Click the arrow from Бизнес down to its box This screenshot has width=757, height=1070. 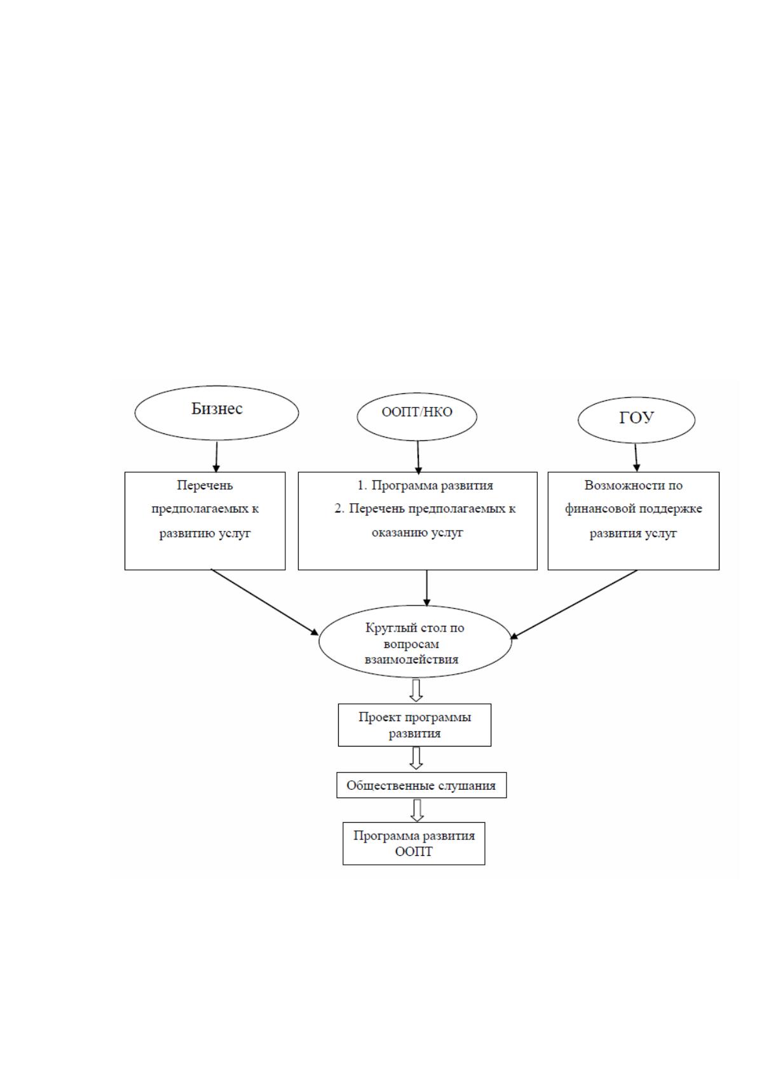[x=217, y=457]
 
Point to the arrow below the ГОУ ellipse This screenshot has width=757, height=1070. [x=636, y=457]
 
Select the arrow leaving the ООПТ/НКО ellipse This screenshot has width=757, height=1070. [x=418, y=457]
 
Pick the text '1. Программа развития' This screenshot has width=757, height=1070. [x=425, y=485]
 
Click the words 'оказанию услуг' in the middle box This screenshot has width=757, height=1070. [x=417, y=532]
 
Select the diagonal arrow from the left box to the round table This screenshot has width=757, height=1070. [x=265, y=602]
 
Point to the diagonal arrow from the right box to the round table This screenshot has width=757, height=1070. [x=573, y=604]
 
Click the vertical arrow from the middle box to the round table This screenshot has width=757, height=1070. [x=426, y=588]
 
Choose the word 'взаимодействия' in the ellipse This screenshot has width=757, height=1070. [x=411, y=660]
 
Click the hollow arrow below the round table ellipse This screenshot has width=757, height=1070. [x=416, y=691]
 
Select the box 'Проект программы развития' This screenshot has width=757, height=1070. [x=414, y=724]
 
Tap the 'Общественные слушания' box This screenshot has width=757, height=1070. [x=421, y=785]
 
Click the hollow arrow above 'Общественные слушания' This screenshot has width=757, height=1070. [x=416, y=758]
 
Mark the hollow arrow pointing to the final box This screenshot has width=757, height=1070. [x=417, y=810]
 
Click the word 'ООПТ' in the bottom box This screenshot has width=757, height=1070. [x=413, y=851]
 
